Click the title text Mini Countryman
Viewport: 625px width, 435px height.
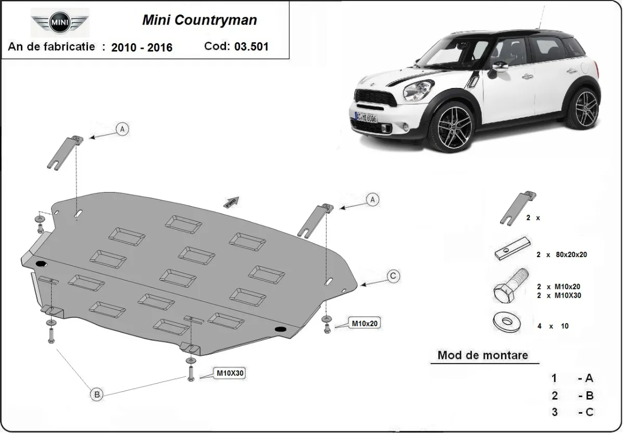tap(199, 21)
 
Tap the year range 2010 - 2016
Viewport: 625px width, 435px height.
tap(142, 47)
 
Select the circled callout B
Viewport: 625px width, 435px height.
tap(97, 395)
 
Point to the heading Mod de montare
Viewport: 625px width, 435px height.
tap(482, 355)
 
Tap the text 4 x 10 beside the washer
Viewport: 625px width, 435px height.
tap(553, 326)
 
